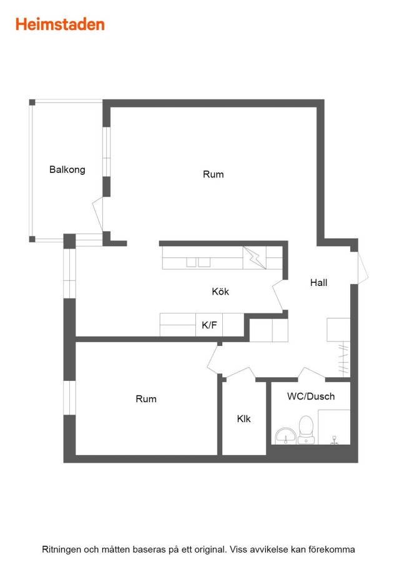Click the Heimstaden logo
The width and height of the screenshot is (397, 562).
[60, 24]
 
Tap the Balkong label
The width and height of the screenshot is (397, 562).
[67, 169]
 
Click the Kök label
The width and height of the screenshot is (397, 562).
[220, 291]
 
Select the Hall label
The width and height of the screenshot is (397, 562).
[318, 282]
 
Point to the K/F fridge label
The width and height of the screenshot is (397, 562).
[209, 325]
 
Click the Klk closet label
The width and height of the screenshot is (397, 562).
[243, 418]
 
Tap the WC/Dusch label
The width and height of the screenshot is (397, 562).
[311, 397]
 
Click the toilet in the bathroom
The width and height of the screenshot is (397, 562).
[306, 430]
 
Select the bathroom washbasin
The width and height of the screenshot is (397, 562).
[285, 436]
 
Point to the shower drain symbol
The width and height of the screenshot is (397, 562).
[335, 440]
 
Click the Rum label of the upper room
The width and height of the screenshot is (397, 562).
[213, 174]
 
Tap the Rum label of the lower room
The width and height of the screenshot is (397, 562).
[146, 399]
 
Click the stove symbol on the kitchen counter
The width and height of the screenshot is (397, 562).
[255, 257]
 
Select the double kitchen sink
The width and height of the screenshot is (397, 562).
[198, 262]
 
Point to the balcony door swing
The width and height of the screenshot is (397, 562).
[98, 214]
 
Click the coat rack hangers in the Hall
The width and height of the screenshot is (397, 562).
[343, 358]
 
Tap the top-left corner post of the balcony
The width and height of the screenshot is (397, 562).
[32, 102]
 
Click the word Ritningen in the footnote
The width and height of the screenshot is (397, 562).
[61, 550]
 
